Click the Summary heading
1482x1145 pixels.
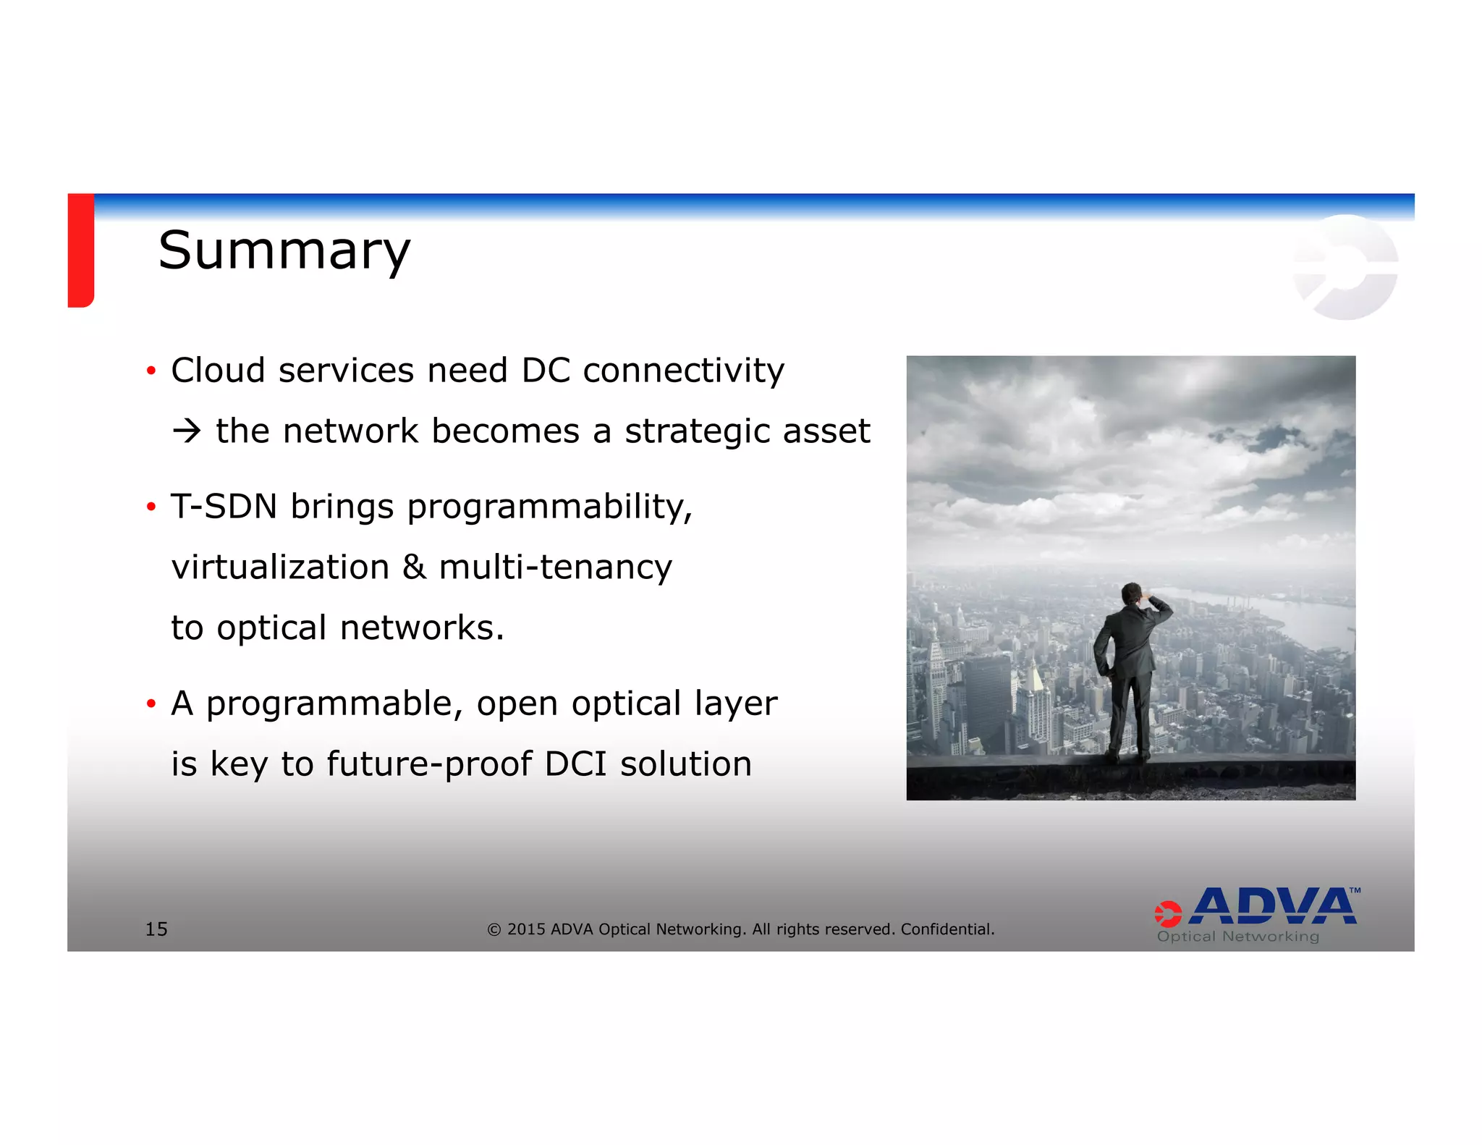284,250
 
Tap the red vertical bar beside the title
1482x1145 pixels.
80,250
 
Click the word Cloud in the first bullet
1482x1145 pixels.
218,371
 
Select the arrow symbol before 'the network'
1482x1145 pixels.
187,431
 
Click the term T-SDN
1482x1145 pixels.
224,506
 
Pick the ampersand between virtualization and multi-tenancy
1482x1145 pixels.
414,567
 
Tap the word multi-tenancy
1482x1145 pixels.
556,567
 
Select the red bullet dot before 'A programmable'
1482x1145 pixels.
151,704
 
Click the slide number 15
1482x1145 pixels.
156,929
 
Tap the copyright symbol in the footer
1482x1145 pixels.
494,929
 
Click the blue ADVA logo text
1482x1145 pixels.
1274,906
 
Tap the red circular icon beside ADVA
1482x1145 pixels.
1167,913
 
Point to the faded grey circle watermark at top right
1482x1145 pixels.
1346,268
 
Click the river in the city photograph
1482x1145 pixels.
1303,615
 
